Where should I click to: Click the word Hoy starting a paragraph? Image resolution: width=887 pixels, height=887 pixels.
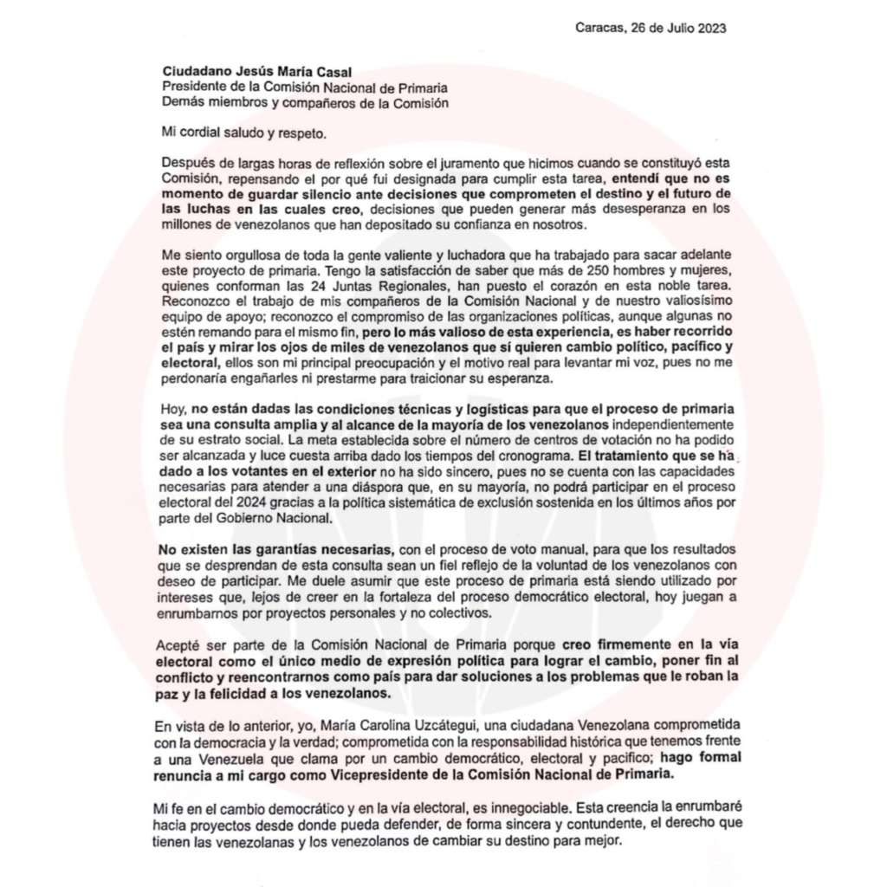pos(175,409)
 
